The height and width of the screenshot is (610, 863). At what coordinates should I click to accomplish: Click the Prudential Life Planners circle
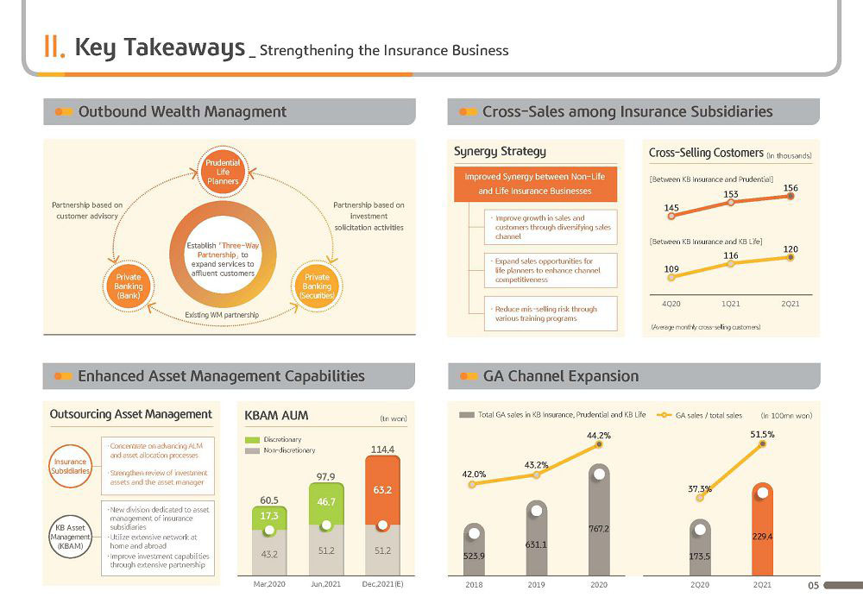point(223,172)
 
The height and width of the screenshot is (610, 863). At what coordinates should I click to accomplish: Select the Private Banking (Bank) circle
point(129,286)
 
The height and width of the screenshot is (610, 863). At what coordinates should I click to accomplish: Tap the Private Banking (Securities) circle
point(317,286)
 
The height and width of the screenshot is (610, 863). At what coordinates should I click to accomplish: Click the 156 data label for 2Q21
point(791,188)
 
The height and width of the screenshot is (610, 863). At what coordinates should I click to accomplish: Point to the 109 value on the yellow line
point(671,269)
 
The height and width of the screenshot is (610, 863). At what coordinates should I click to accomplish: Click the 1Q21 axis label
point(730,304)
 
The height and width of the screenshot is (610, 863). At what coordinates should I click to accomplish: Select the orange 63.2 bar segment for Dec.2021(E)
point(382,490)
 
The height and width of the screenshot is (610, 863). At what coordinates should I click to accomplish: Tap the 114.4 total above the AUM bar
point(382,450)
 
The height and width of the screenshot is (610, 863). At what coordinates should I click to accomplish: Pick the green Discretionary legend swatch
point(252,439)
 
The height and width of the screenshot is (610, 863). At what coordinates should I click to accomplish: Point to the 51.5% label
point(762,434)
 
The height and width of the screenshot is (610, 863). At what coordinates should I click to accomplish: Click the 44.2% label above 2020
point(599,435)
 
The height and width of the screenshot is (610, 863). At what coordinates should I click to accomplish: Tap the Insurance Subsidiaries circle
point(70,467)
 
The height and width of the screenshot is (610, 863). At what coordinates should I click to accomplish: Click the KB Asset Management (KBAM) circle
point(70,537)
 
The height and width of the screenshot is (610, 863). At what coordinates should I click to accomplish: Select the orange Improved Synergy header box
point(535,184)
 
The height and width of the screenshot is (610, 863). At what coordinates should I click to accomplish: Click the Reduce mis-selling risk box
point(551,313)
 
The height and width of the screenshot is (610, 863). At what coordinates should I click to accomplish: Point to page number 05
point(814,585)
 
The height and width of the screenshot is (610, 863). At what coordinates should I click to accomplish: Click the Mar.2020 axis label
point(269,584)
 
